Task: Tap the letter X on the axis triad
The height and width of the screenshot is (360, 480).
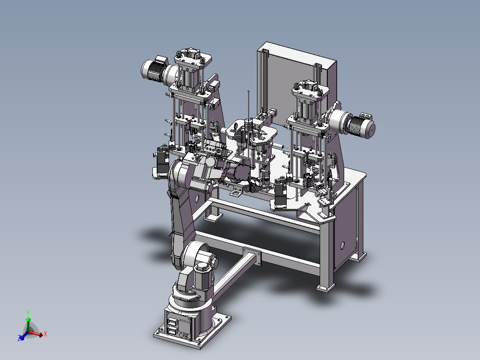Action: pos(45,334)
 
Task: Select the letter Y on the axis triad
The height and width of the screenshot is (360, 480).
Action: pos(28,313)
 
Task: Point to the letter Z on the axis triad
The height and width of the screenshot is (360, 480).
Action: pos(19,338)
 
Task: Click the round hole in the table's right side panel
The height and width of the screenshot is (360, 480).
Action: pos(342,245)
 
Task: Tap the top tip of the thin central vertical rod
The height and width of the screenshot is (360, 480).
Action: pos(248,91)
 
